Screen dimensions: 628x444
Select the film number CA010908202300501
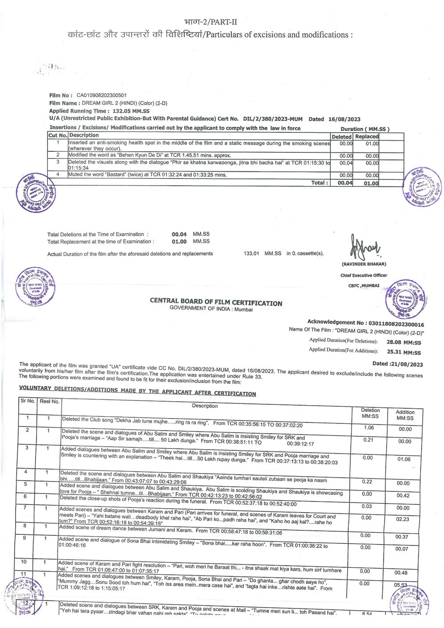coord(101,95)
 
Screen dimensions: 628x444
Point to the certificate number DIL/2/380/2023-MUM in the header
coord(273,119)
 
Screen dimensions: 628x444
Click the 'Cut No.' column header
coord(58,135)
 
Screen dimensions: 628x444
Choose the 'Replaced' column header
coord(367,137)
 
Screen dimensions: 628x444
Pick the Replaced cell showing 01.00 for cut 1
coord(372,144)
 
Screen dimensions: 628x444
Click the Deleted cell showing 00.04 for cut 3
coord(346,163)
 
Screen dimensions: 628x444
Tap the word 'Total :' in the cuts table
coord(320,182)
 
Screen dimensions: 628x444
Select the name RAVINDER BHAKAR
coord(364,264)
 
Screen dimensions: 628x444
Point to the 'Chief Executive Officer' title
coord(364,275)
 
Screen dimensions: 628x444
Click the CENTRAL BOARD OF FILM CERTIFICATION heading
coord(216,302)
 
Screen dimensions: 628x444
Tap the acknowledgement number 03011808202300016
coord(396,324)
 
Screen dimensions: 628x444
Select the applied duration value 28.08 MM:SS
coord(404,342)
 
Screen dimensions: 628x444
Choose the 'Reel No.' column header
coord(49,401)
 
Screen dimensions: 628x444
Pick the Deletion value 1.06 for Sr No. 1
coord(369,428)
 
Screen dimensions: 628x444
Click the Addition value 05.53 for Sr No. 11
coord(400,585)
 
